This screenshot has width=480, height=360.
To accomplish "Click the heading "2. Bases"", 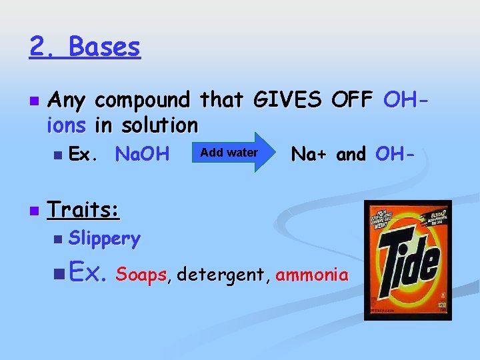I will [x=85, y=47].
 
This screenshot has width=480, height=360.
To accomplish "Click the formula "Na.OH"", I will [x=142, y=155].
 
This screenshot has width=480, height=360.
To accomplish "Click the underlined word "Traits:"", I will [x=83, y=211].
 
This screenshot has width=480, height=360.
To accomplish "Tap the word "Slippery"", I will [x=105, y=238].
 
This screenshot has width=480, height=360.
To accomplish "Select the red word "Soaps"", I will [x=141, y=275].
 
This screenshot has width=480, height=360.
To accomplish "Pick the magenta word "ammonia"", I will [x=311, y=275].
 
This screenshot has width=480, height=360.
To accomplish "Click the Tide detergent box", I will [x=407, y=260].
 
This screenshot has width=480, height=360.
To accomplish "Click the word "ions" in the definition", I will [x=67, y=125].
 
